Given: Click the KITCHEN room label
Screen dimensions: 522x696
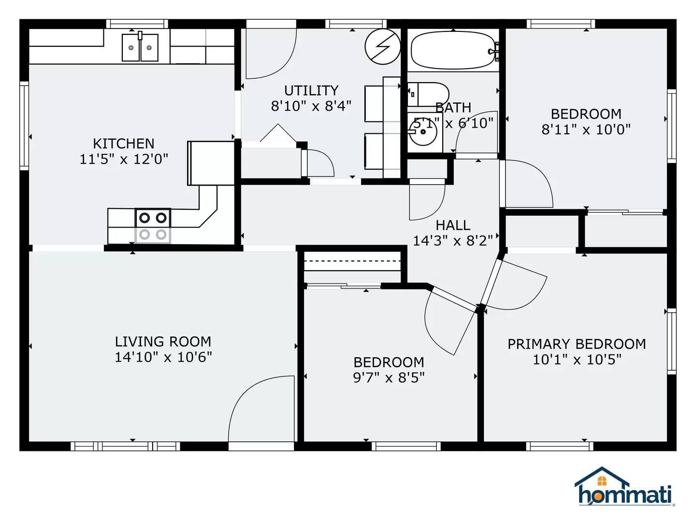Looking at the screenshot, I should click(124, 144).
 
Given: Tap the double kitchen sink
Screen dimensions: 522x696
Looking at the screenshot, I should click(140, 47).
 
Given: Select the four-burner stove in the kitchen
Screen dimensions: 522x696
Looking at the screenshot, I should click(153, 226).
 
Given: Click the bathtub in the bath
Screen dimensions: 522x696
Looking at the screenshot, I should click(452, 50).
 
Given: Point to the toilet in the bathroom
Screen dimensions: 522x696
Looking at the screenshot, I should click(429, 94).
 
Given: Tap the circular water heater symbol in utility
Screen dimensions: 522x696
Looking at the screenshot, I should click(382, 46).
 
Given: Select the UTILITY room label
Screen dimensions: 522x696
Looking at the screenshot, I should click(311, 90).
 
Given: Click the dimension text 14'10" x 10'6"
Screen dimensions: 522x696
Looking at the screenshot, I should click(163, 357).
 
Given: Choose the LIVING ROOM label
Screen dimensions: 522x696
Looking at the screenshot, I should click(163, 342).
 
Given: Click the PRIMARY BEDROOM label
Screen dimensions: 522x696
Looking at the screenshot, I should click(577, 344).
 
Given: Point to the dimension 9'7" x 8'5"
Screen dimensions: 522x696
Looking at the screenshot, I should click(389, 377).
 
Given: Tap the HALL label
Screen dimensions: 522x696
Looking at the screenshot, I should click(453, 225).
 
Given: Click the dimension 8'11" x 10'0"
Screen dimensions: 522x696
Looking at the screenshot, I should click(586, 130).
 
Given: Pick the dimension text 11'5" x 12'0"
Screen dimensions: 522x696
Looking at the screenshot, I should click(124, 159).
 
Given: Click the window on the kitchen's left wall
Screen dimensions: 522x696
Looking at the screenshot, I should click(24, 126).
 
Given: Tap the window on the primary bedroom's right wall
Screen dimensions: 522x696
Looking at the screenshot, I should click(671, 341).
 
